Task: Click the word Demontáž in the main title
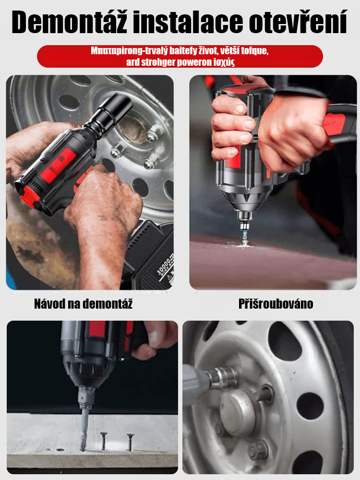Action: pyautogui.click(x=69, y=22)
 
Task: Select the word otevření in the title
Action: pyautogui.click(x=299, y=22)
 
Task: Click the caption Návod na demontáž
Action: pyautogui.click(x=83, y=304)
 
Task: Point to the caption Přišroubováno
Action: pyautogui.click(x=276, y=304)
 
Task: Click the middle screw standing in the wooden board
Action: pyautogui.click(x=104, y=441)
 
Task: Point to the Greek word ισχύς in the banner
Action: pyautogui.click(x=224, y=62)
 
